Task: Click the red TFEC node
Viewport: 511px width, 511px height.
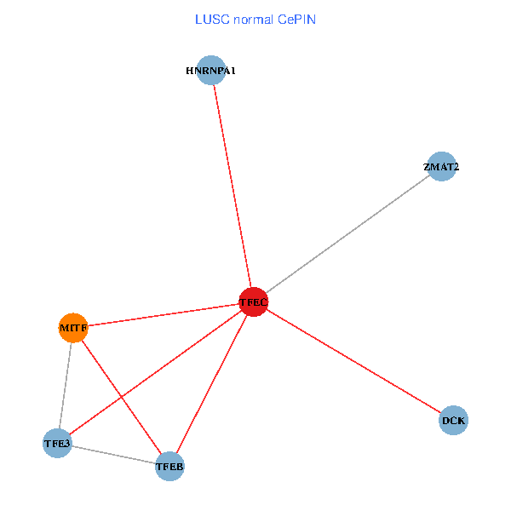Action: (253, 302)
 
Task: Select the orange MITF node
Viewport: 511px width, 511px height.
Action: (73, 327)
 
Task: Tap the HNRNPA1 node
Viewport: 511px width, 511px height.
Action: (210, 71)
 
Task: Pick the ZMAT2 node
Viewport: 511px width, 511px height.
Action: (441, 167)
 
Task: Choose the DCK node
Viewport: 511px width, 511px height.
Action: (454, 420)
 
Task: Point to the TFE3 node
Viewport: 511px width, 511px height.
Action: (57, 444)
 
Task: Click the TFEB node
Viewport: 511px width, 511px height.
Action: (169, 467)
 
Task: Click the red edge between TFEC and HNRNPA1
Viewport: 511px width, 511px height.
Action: (232, 187)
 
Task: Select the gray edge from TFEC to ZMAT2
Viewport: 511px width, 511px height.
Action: (347, 234)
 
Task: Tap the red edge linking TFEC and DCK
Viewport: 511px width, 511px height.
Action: (353, 361)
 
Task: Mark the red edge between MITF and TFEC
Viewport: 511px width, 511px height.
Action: (164, 314)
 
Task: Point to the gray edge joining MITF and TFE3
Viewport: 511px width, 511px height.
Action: (66, 385)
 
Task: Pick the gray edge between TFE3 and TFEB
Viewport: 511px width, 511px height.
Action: (113, 455)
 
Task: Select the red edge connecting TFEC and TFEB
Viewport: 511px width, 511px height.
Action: (211, 385)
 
